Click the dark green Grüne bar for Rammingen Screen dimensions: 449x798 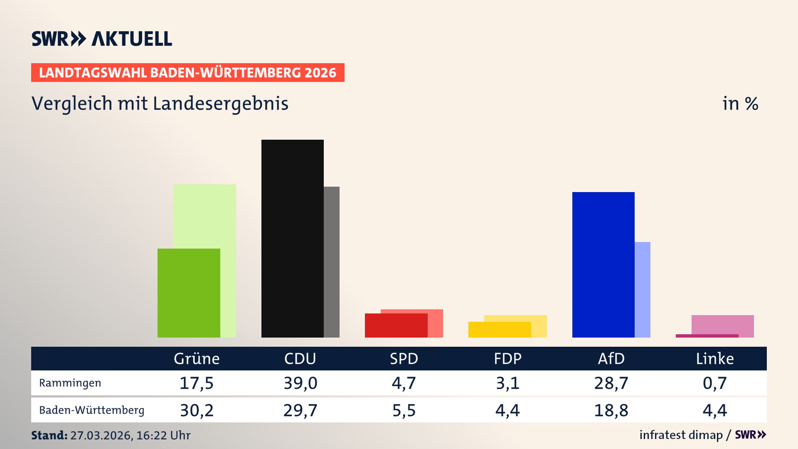(189, 293)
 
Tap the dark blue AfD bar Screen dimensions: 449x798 (603, 264)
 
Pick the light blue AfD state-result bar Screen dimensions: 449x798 (643, 290)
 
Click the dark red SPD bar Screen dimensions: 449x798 (396, 326)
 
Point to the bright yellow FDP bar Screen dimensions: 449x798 (499, 330)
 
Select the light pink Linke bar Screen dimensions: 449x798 (723, 324)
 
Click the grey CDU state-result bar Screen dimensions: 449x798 (332, 262)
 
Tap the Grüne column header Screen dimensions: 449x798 (197, 359)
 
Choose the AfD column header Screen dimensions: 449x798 (611, 359)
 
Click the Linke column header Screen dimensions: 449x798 (715, 359)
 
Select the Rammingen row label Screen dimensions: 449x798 (70, 383)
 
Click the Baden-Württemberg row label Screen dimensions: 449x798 (91, 410)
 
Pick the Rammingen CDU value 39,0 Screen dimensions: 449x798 (300, 383)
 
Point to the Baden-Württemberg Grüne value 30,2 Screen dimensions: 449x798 (197, 410)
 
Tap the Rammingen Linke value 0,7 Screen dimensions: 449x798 (715, 383)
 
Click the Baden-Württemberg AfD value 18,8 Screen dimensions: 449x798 (611, 410)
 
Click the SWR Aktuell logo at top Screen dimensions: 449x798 (102, 39)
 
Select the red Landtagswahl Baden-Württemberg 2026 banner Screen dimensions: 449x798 (187, 73)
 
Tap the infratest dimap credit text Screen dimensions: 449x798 (681, 435)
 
